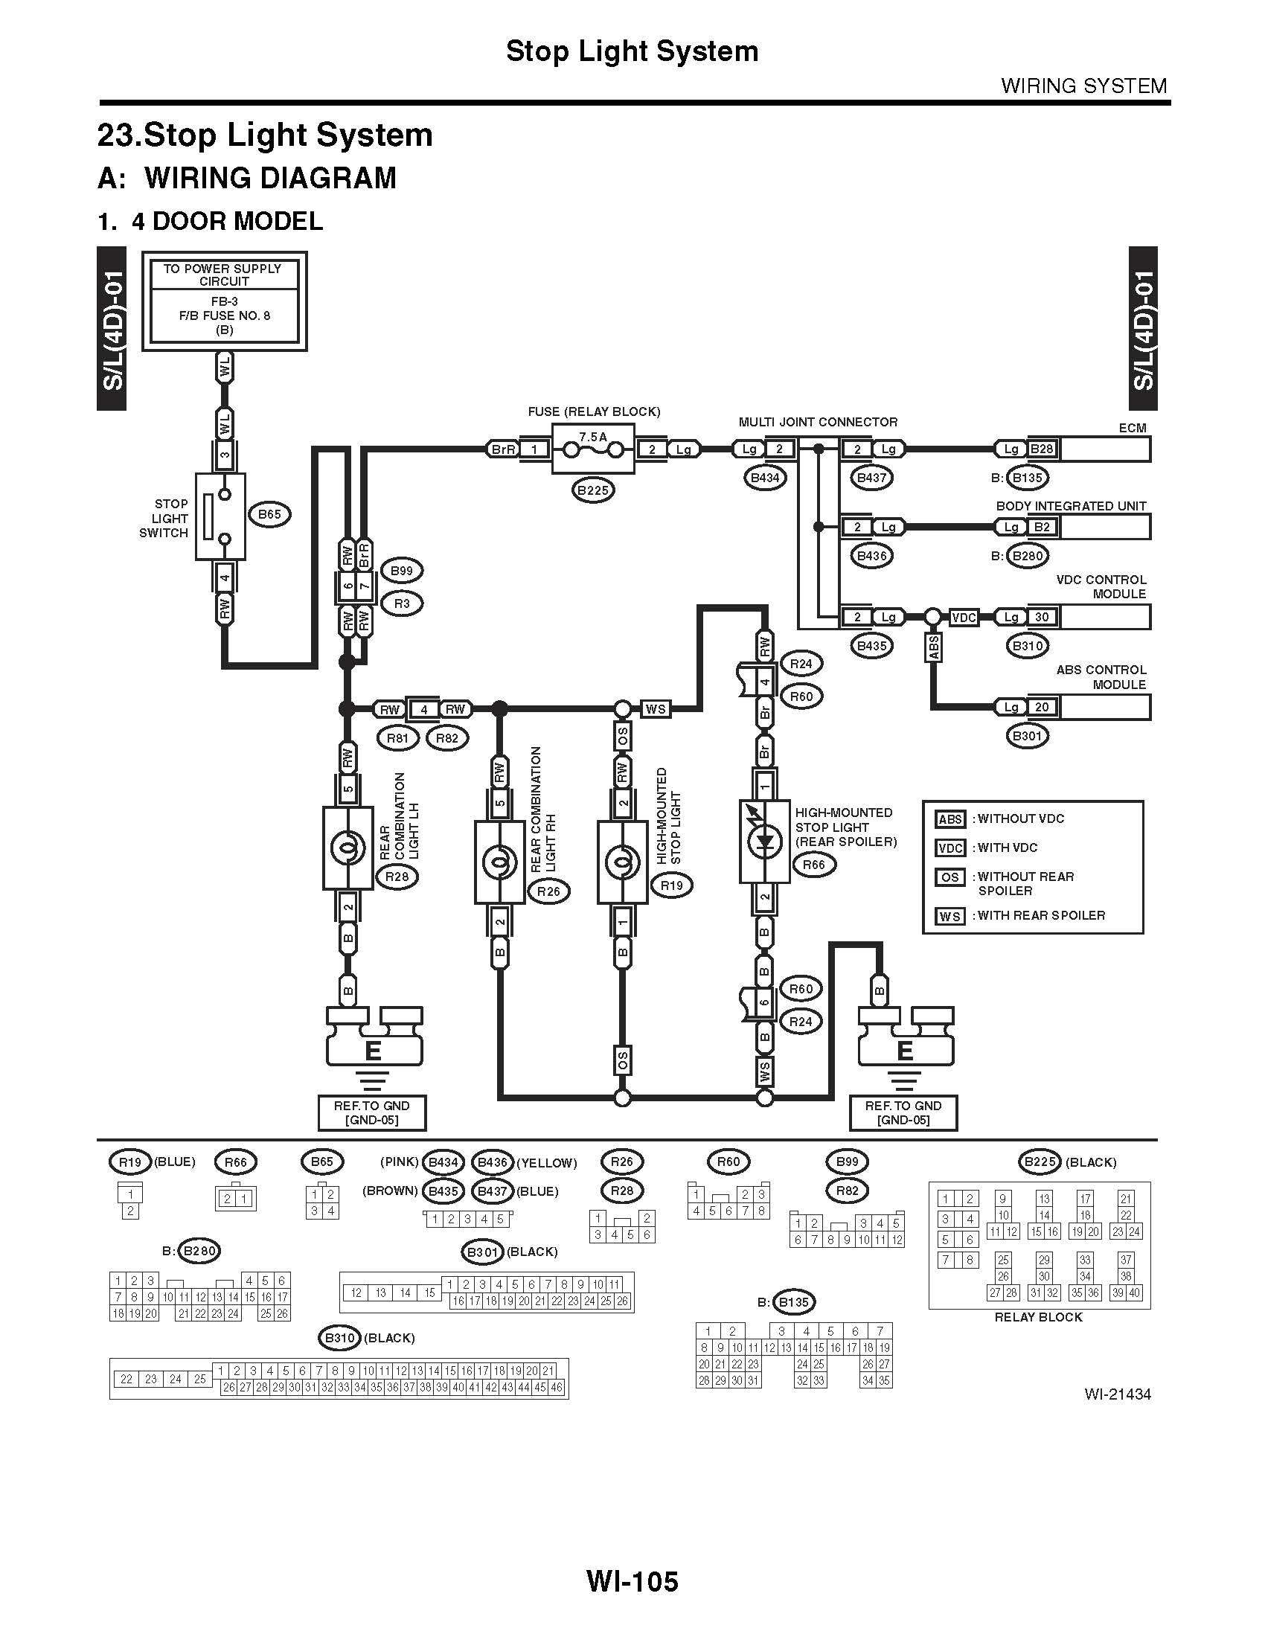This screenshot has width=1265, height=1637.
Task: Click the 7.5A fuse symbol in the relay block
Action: [x=593, y=449]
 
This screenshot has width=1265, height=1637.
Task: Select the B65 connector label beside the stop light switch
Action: [x=269, y=514]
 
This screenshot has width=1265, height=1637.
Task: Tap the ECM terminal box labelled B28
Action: [x=1041, y=449]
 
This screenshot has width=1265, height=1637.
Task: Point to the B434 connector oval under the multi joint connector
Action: [x=764, y=478]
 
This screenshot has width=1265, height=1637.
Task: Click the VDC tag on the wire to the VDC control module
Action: [x=964, y=618]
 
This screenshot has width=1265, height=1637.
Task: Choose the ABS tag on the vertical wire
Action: [x=934, y=647]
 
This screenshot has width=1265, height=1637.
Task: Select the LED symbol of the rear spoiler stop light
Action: [x=764, y=841]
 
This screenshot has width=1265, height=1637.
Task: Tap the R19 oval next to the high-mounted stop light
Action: [x=671, y=885]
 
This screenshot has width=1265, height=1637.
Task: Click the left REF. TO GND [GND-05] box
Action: [x=372, y=1112]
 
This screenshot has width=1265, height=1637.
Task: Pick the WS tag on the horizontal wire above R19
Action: [x=656, y=708]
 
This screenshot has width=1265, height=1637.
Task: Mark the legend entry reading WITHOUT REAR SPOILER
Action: [x=1025, y=883]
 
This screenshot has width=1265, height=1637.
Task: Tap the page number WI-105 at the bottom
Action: [x=632, y=1581]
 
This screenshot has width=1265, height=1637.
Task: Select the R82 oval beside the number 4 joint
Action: [x=446, y=737]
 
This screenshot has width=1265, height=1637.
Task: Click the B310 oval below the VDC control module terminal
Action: [x=1027, y=645]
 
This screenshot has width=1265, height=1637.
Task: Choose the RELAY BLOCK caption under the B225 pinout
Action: [x=1038, y=1317]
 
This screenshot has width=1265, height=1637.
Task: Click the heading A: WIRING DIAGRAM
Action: [x=247, y=179]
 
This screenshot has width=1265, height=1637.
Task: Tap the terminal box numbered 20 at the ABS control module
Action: [x=1042, y=707]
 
